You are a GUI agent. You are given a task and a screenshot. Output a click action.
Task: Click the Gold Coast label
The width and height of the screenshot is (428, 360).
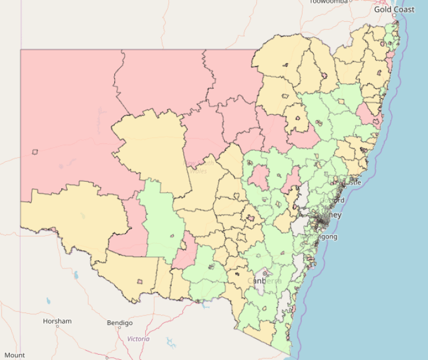394,9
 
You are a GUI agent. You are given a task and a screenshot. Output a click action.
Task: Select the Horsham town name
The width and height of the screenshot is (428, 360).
57,321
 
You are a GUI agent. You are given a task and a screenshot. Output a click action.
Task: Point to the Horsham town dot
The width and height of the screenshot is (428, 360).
57,327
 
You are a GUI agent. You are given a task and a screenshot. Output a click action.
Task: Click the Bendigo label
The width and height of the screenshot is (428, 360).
120,322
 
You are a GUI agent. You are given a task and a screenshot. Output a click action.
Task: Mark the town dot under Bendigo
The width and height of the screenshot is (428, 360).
120,329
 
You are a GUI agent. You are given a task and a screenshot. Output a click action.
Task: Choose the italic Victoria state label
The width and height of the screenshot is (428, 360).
138,339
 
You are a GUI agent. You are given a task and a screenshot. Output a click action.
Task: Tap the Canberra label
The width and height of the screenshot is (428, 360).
264,281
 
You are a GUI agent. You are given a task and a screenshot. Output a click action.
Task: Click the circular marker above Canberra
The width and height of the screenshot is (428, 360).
265,273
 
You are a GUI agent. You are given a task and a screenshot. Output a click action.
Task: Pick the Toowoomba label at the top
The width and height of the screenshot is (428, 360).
330,2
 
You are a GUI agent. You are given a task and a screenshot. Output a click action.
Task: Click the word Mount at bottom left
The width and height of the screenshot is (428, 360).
15,355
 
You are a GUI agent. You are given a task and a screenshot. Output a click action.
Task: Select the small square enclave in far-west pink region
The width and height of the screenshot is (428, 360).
35,152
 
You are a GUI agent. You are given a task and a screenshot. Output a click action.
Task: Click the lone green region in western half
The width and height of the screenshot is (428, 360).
159,223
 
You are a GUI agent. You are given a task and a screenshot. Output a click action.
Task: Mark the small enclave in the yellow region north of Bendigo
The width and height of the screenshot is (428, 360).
140,281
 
